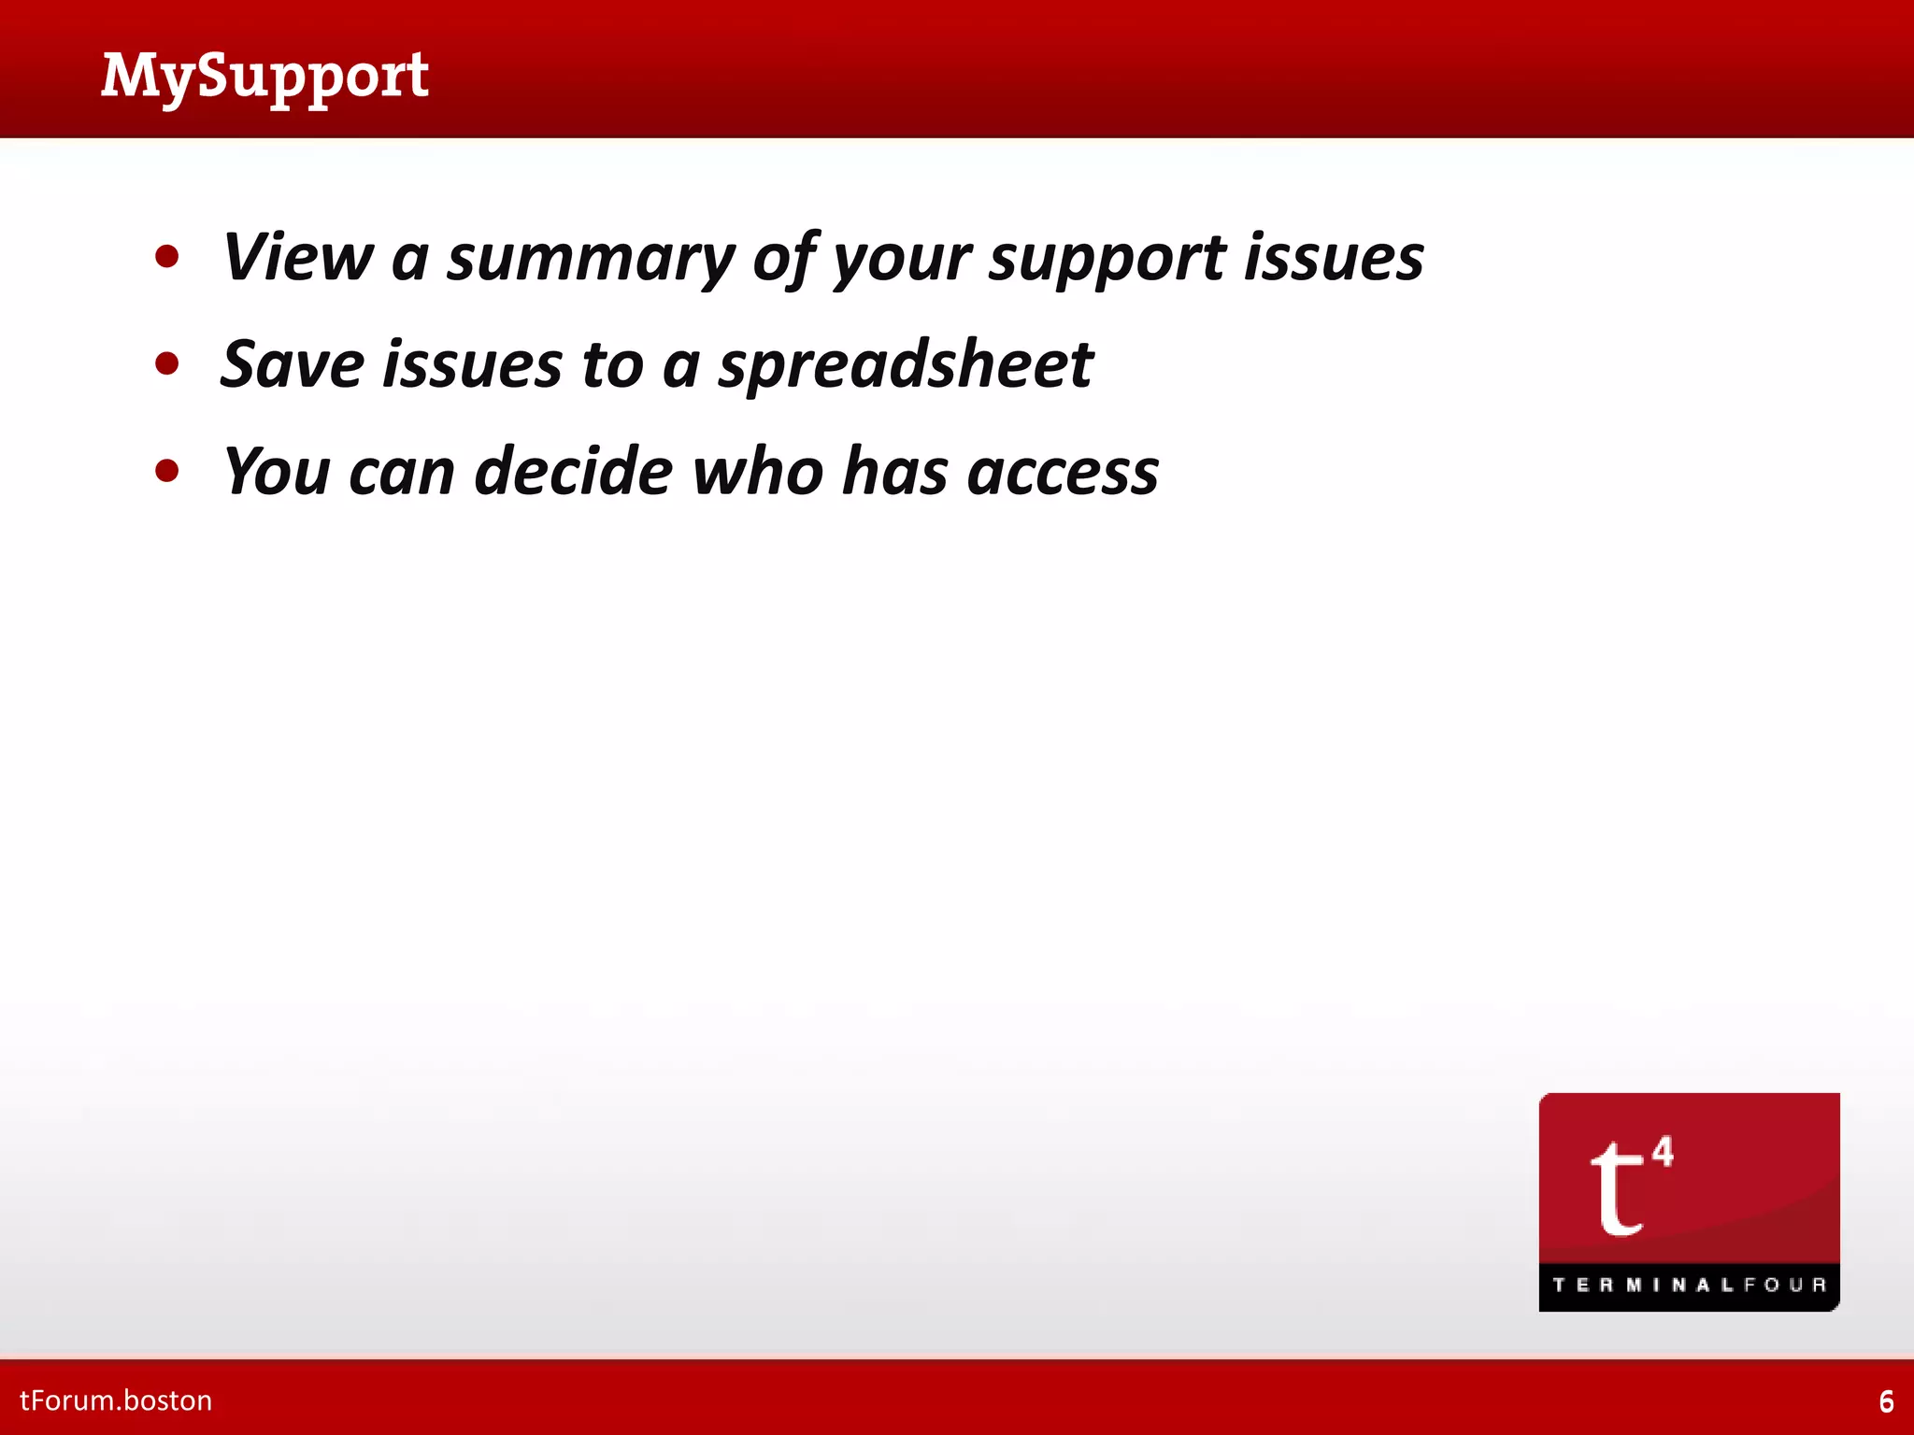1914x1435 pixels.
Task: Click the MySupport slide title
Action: (x=265, y=77)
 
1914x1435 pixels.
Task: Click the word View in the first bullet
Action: (x=298, y=257)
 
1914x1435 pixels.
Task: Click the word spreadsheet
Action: (x=906, y=365)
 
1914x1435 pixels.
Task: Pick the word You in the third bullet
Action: (x=277, y=471)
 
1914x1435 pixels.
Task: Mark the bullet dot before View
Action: (x=167, y=257)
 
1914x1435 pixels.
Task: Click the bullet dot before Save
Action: (x=167, y=363)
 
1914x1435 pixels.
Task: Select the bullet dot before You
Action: (x=167, y=470)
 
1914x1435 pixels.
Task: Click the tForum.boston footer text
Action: (x=116, y=1400)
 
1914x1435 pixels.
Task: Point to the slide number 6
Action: (x=1886, y=1401)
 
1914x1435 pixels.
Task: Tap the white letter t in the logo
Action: (x=1617, y=1188)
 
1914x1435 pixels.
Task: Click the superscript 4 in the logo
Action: (x=1663, y=1151)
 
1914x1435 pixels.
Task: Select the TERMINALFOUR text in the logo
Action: (x=1689, y=1285)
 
